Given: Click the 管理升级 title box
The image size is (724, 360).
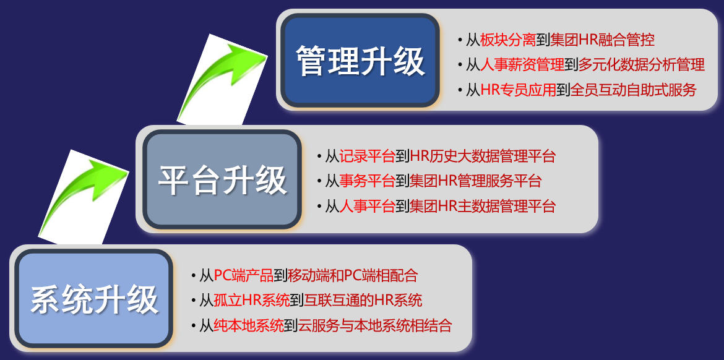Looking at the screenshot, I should coord(360,60).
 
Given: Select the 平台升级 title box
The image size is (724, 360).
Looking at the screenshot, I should coord(222,180).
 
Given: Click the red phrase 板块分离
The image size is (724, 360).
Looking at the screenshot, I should coord(508,40).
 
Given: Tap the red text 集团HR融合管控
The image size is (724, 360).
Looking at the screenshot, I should coord(602,40).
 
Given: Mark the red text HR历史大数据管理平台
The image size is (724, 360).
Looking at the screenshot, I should coord(483,155).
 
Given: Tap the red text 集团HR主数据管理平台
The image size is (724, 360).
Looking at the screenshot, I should coord(483,206).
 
